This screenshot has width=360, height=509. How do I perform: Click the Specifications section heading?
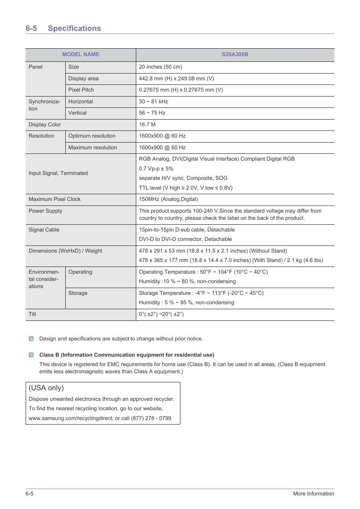pos(74,28)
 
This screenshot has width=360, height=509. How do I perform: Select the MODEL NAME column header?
pos(81,54)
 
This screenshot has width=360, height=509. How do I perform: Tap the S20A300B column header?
pos(235,54)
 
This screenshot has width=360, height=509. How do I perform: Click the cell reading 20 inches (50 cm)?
pos(160,67)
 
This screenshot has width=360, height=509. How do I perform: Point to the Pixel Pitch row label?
pos(81,90)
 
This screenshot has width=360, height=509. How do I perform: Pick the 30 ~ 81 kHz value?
pos(153,101)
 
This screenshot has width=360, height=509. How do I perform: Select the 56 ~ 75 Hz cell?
pos(152,113)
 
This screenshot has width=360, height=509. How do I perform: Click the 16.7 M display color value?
pos(147,124)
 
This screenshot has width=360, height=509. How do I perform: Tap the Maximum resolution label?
pos(92,147)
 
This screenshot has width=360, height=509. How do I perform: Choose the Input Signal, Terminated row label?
pos(58,173)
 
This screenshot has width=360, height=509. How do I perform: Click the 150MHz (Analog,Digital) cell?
pos(168,199)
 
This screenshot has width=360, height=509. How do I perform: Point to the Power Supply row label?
pos(45,211)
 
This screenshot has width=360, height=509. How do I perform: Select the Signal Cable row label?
pos(44,230)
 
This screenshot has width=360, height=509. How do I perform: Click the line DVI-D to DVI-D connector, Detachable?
pos(185,239)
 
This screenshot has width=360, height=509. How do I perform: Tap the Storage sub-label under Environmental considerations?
pos(78,293)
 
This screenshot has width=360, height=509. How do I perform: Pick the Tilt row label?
pos(32,314)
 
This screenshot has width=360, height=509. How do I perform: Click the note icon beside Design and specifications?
pos(31,339)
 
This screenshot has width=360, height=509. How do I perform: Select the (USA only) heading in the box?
pos(46,388)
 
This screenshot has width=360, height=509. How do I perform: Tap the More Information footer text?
pos(313,494)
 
